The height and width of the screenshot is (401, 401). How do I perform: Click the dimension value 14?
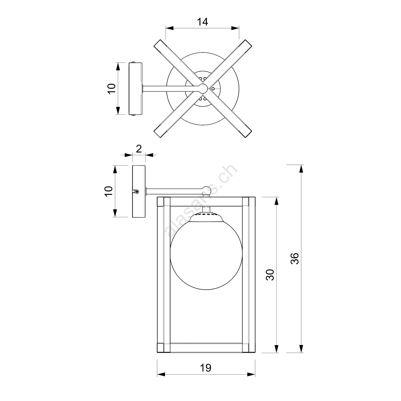(202, 22)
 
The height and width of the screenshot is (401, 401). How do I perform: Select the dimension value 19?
(206, 368)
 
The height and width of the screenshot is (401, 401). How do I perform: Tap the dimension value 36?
(294, 258)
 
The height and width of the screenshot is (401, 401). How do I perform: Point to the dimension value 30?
(270, 274)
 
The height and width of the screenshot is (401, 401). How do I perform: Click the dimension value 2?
(138, 149)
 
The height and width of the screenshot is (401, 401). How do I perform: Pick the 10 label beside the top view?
(112, 89)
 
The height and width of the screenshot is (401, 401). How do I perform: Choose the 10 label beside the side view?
(108, 191)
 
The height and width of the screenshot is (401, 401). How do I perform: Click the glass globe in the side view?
(206, 254)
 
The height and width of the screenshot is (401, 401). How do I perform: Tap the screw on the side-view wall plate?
(137, 191)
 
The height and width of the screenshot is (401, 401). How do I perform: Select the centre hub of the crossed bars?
(203, 88)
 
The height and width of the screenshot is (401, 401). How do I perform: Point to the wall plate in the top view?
(135, 89)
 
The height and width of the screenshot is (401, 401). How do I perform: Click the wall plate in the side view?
(139, 192)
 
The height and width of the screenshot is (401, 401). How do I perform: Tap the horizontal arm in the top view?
(171, 88)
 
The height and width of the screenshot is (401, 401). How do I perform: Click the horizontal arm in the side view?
(174, 191)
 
